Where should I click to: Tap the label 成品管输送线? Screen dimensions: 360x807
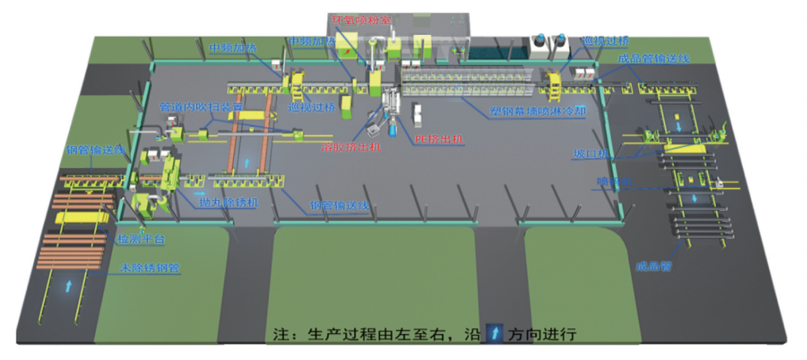click(x=653, y=59)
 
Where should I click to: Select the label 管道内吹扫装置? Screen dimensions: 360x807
click(x=201, y=107)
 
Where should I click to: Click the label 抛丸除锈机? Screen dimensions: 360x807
click(x=225, y=203)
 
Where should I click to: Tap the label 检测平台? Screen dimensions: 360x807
click(x=141, y=239)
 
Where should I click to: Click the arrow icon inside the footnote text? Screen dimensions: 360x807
click(x=495, y=333)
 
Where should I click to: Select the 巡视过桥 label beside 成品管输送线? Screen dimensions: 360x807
click(x=605, y=41)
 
